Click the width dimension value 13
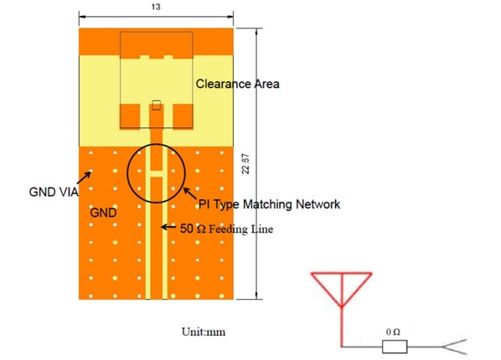157,7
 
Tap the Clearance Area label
237,84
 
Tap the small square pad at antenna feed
157,105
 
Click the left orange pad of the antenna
132,115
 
